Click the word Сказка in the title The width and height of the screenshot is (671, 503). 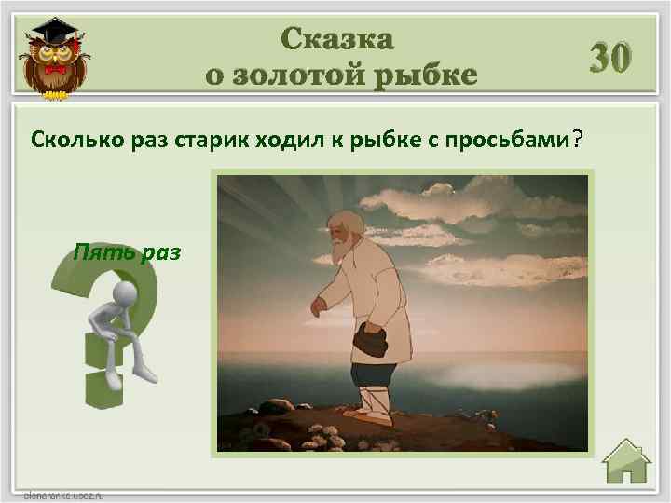337,39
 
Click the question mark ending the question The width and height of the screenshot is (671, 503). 578,139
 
